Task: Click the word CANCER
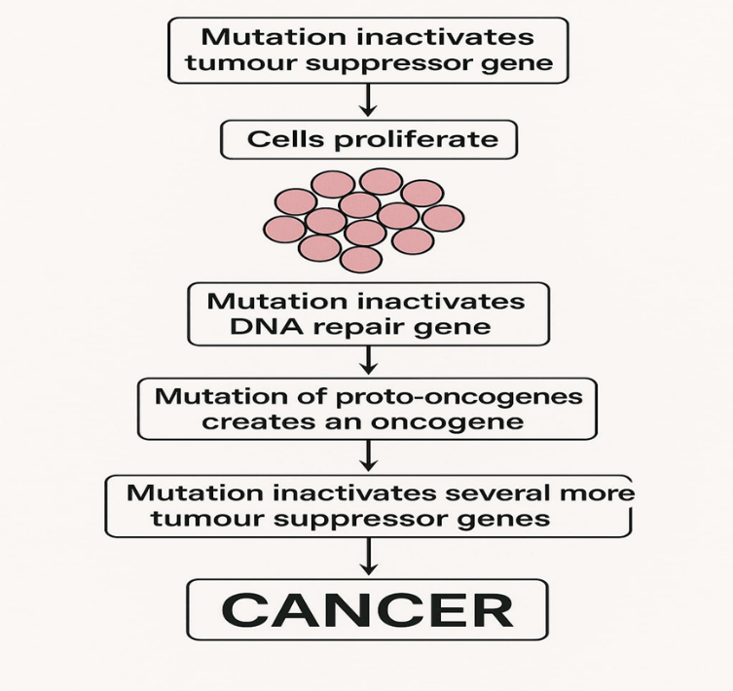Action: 367,609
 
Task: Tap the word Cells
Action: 284,139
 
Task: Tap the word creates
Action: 246,422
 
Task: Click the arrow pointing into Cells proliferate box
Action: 367,100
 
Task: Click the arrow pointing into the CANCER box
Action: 368,556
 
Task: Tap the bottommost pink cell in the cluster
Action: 361,259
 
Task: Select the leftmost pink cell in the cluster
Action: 284,229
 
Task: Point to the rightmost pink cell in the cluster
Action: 444,218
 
